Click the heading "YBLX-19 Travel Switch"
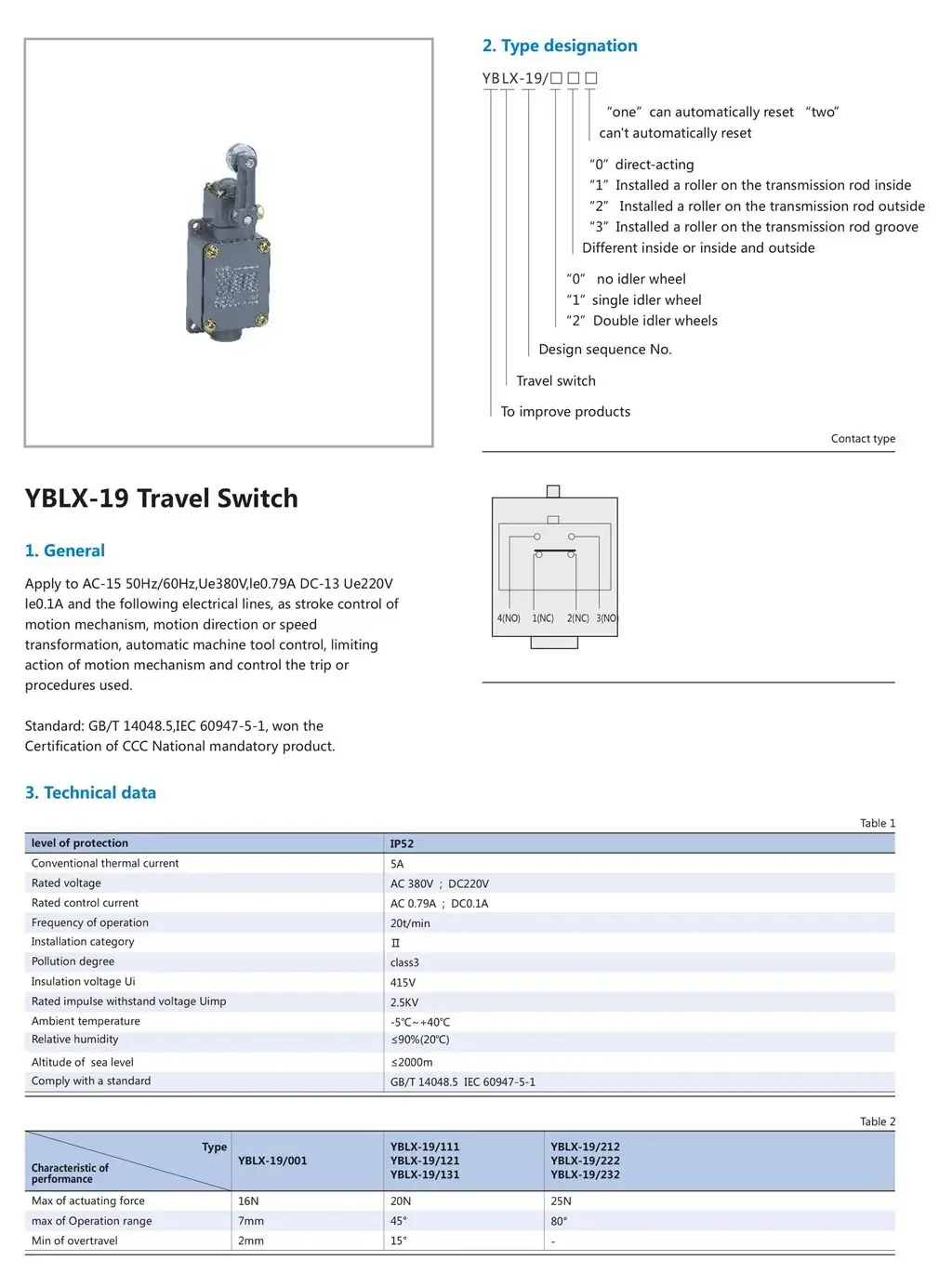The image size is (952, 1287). point(161,498)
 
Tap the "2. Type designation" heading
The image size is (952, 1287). point(560,46)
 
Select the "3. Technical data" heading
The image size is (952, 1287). point(90,792)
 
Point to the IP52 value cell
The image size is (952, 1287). point(402,843)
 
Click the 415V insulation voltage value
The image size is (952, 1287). point(403,982)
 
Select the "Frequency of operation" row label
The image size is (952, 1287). point(90,922)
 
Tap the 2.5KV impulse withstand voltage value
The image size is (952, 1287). point(404,1002)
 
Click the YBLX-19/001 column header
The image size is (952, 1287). point(272,1161)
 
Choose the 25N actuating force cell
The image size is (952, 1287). point(561,1201)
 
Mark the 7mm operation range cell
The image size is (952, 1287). point(251,1221)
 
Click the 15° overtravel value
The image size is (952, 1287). point(399,1241)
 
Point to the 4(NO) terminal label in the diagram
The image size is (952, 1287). point(509,618)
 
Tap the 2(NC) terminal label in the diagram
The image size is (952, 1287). point(578,618)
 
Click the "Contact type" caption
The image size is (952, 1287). point(863,439)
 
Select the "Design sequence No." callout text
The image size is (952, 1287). point(605,350)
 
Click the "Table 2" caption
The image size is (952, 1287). point(877,1121)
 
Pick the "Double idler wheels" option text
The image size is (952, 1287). point(654,321)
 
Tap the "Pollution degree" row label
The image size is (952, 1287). point(73,962)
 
